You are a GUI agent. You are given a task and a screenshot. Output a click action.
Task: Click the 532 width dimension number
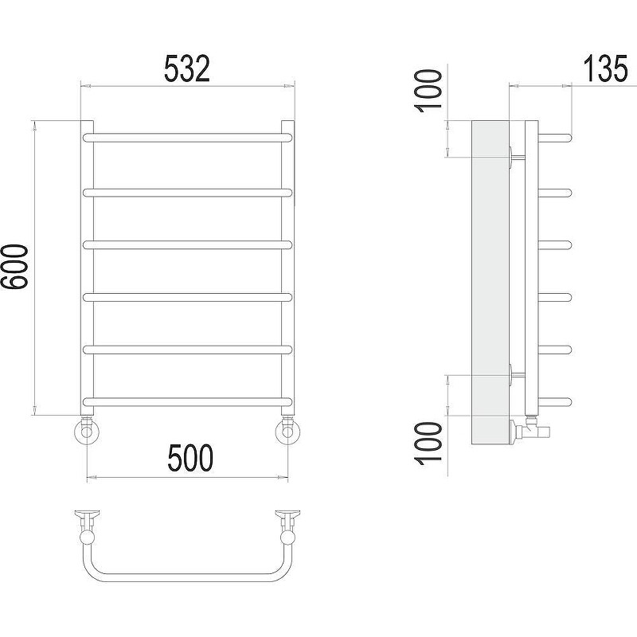(187, 69)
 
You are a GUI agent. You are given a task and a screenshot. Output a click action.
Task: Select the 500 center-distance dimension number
(190, 458)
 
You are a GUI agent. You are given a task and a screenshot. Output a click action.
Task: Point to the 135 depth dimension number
(605, 69)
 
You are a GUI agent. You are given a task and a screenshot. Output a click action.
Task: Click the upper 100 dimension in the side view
(428, 91)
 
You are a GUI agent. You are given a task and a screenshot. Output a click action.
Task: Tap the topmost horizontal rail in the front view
(187, 137)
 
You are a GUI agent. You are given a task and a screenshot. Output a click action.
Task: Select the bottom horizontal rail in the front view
(187, 402)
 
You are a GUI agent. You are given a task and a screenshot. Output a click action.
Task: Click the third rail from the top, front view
(187, 244)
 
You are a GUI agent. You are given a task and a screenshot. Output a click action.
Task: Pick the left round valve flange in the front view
(87, 431)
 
